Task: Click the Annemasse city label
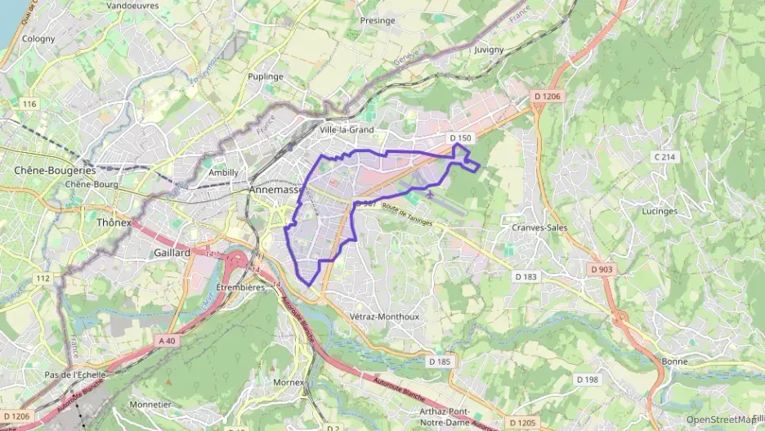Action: coord(275,189)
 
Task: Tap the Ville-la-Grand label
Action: coord(347,129)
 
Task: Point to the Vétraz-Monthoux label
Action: coord(383,316)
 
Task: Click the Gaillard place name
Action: coord(172,253)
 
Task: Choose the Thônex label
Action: coord(114,222)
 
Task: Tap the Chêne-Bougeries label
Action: coord(55,170)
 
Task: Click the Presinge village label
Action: coord(378,20)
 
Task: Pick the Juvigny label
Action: coord(489,49)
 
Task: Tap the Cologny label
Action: coord(38,38)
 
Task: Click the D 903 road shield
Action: coord(604,268)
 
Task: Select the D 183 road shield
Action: coord(526,276)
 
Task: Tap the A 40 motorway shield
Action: coord(168,340)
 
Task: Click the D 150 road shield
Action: coord(461,138)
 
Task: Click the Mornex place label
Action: coord(288,382)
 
